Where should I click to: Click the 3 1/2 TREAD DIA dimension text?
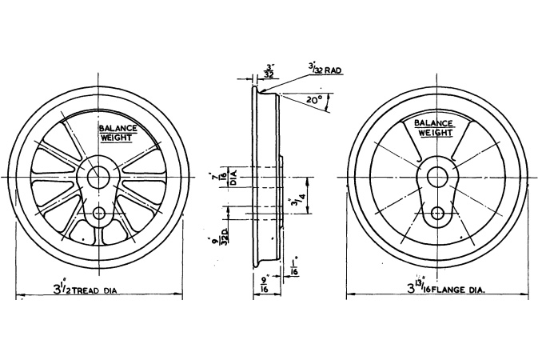[x=85, y=290]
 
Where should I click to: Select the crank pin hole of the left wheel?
[x=100, y=213]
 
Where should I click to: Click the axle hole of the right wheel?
[x=437, y=176]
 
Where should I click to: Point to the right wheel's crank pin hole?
[x=437, y=214]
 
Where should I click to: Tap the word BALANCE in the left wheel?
[x=118, y=128]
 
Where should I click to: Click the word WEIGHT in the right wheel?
[x=436, y=133]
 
